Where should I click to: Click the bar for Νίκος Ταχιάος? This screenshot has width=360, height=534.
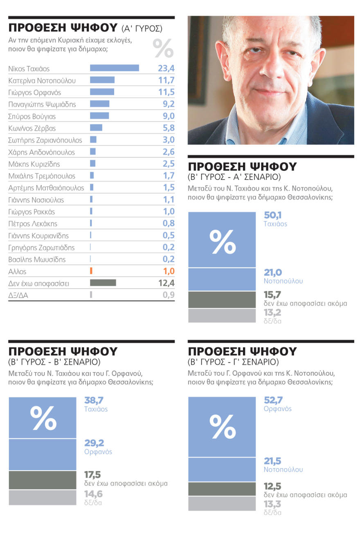114,68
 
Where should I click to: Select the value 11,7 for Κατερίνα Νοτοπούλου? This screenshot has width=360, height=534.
166,80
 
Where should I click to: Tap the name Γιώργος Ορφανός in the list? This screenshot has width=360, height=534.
34,92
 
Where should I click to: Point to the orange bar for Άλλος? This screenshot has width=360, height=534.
91,271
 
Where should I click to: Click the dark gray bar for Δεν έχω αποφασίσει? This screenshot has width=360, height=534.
103,283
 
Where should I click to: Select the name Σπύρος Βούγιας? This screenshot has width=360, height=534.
32,116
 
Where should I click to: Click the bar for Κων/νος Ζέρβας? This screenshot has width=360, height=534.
96,128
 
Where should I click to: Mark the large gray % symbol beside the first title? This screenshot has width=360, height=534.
163,48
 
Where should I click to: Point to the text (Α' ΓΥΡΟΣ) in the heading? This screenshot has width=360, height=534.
142,29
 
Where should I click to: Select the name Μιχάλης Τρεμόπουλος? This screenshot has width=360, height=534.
42,176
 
